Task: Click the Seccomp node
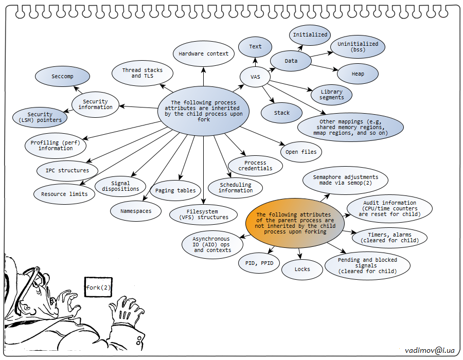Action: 63,77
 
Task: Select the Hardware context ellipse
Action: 204,53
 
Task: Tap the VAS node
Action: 255,77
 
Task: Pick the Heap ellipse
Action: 358,74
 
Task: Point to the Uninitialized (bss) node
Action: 358,47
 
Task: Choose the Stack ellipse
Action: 282,113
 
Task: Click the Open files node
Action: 301,152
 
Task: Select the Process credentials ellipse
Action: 255,165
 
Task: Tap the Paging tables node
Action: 175,190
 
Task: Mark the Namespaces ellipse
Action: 136,211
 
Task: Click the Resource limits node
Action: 64,194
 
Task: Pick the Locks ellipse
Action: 302,269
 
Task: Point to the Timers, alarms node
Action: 389,237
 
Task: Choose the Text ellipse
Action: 255,46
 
